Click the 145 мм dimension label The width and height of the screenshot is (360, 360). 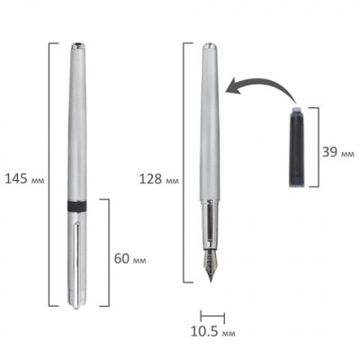(25, 179)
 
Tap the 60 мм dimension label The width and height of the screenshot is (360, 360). (130, 258)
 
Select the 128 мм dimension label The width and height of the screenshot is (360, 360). (159, 179)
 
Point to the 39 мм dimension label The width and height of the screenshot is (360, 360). (338, 152)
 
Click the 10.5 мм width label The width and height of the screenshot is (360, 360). (212, 331)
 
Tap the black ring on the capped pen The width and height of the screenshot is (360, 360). (76, 206)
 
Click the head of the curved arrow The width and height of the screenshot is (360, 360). (232, 89)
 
